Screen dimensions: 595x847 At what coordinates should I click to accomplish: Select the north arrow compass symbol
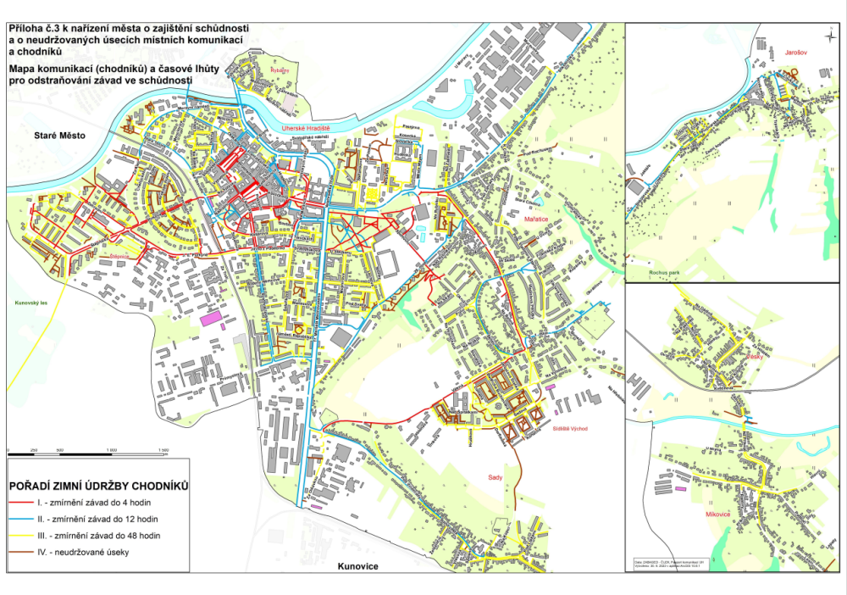coord(828,35)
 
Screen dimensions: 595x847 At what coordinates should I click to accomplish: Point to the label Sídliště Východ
coord(569,429)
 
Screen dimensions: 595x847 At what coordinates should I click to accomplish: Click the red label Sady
coord(496,478)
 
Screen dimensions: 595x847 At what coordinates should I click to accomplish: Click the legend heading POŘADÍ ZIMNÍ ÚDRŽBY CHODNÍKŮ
coord(97,487)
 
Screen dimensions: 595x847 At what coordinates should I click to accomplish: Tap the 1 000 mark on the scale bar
coord(164,449)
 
